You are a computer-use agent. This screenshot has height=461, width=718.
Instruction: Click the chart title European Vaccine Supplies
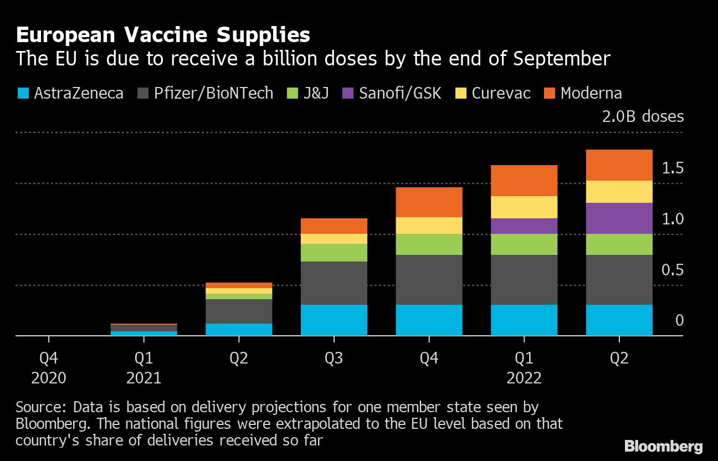[163, 35]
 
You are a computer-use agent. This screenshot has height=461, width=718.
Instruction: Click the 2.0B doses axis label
[643, 116]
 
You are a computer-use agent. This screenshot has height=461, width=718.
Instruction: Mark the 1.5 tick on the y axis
[673, 168]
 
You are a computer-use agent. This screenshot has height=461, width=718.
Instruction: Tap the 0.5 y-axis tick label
[673, 270]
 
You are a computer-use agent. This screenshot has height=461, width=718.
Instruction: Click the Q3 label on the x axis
[334, 358]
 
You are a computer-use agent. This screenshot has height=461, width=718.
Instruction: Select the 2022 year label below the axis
[524, 378]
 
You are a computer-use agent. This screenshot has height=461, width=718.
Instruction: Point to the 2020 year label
[49, 378]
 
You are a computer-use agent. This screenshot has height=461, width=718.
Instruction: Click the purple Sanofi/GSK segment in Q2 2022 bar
[619, 218]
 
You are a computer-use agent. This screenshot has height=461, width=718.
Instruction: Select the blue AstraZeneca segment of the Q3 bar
[334, 320]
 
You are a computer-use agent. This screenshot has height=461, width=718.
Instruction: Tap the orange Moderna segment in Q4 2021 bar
[429, 202]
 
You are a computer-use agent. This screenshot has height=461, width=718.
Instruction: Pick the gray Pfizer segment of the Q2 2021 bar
[239, 311]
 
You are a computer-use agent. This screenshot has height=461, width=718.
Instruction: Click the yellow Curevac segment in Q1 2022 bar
[524, 207]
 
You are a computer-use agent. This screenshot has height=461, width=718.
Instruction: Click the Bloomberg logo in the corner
[663, 447]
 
